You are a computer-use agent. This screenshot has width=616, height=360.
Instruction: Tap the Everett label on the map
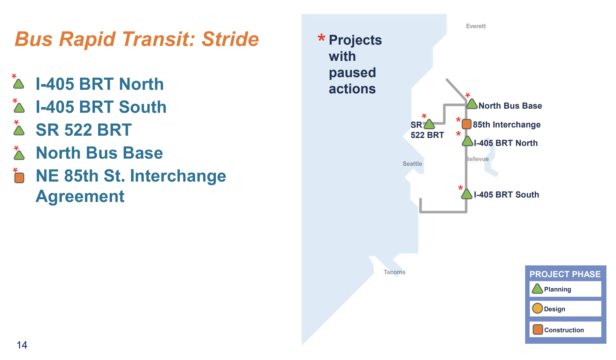click(x=476, y=26)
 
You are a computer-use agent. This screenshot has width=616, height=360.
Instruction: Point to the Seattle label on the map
click(x=412, y=164)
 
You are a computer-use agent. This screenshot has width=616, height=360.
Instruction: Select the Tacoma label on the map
click(x=394, y=272)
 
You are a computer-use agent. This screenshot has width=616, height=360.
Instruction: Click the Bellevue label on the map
click(x=478, y=159)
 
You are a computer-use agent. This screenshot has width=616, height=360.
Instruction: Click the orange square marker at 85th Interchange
click(x=466, y=124)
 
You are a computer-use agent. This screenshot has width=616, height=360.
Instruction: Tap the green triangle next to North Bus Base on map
click(x=472, y=104)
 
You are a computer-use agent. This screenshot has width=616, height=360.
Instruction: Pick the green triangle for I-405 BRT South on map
click(x=466, y=194)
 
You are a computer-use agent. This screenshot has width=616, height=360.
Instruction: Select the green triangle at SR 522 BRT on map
click(x=429, y=124)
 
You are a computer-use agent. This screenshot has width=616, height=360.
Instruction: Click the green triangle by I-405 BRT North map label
click(x=467, y=141)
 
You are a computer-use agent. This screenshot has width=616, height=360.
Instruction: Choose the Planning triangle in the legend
click(x=537, y=289)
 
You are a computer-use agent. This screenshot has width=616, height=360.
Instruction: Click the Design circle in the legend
click(x=537, y=308)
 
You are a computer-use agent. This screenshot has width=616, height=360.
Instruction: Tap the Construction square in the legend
click(x=538, y=329)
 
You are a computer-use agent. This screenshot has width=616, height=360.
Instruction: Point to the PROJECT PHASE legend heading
click(x=565, y=274)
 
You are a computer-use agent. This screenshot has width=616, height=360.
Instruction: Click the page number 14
click(x=22, y=345)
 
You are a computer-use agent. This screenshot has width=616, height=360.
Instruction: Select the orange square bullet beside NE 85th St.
click(x=19, y=177)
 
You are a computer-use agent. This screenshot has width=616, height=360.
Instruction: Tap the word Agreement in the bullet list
click(x=80, y=196)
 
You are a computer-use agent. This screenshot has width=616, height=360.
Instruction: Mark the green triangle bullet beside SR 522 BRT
click(x=19, y=131)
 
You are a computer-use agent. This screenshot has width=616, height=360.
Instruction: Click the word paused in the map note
click(x=352, y=73)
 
